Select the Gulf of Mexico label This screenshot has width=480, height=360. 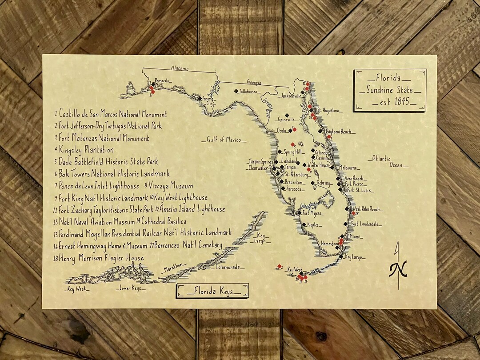[224, 140]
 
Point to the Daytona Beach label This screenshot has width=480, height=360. [339, 132]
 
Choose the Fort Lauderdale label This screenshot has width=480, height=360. [366, 224]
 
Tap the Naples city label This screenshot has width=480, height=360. [313, 225]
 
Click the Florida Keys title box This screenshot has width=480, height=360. [212, 291]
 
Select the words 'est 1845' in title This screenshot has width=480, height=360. [390, 102]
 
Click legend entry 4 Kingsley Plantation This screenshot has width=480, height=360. [84, 150]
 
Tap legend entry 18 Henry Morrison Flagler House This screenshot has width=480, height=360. [98, 258]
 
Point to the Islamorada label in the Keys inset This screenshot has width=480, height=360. [230, 267]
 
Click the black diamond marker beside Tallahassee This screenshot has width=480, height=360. [236, 91]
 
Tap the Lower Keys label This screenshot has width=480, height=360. [130, 288]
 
